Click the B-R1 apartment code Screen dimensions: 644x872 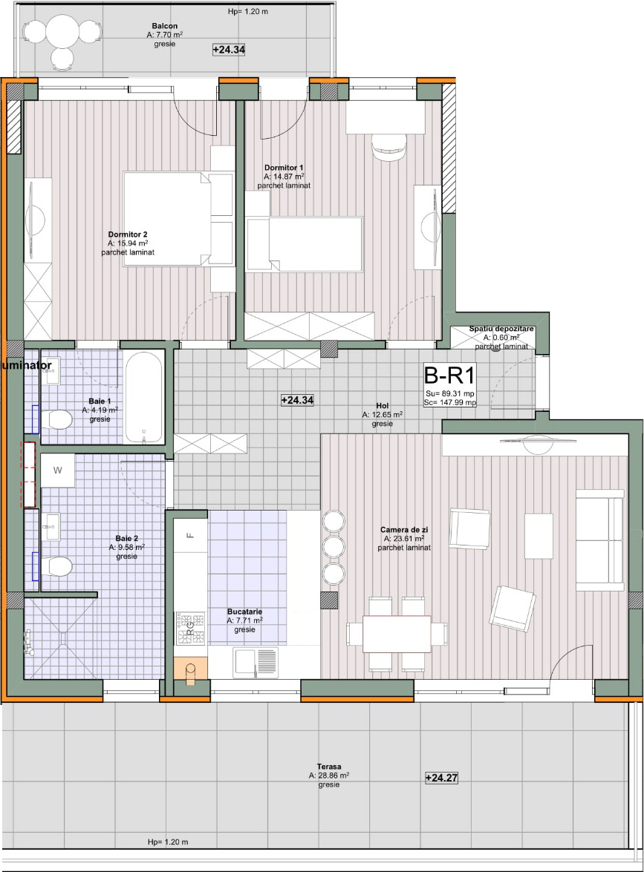(449, 376)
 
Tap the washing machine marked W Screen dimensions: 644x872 (57, 471)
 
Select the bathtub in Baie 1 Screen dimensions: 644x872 (143, 396)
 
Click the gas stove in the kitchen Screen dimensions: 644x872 (190, 629)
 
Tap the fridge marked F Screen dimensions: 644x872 (190, 535)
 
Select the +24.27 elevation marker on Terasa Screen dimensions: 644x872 (441, 778)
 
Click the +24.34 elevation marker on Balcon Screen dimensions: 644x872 (229, 50)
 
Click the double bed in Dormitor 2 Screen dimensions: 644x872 (178, 219)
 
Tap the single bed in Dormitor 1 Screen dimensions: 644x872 (305, 244)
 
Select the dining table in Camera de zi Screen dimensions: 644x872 (397, 634)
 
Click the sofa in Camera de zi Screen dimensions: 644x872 (600, 540)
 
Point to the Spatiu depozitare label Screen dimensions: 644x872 (501, 329)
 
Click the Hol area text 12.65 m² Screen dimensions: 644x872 (383, 415)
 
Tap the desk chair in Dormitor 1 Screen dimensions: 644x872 (389, 148)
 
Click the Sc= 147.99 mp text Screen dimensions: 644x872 (449, 403)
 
